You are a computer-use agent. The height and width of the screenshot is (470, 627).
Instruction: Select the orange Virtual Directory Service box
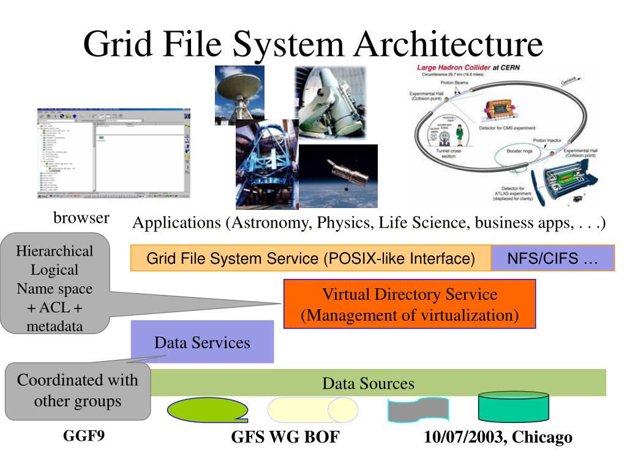pos(410,304)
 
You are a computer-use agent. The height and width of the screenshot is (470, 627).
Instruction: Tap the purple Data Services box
pos(202,342)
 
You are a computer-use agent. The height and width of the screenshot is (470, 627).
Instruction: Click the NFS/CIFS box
pos(552,258)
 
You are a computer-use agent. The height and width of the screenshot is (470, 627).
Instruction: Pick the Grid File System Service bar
pos(310,258)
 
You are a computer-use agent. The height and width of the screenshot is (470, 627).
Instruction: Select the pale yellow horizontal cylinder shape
pos(312,409)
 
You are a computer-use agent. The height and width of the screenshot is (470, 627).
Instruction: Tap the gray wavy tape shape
pos(418,409)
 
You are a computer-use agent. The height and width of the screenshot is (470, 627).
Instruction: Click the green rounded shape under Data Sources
pos(207,410)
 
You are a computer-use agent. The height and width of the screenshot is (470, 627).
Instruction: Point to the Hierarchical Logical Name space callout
pos(55,288)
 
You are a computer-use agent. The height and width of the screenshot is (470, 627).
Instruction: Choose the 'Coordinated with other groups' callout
pos(77,390)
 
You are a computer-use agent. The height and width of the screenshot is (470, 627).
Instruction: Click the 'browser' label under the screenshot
pos(81,217)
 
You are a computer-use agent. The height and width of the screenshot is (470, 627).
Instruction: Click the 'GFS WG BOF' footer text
pos(285,437)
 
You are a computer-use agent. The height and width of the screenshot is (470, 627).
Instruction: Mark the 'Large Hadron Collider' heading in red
pos(452,69)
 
